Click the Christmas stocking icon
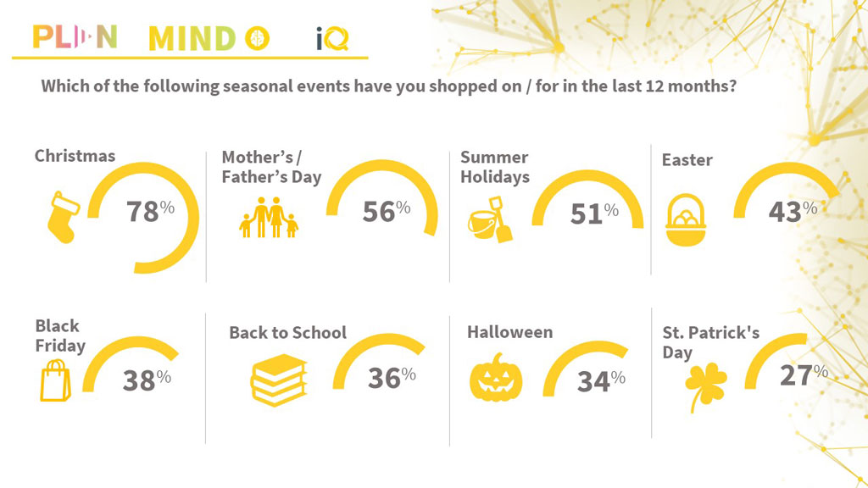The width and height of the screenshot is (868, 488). [64, 218]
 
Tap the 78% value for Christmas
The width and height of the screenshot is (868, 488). [150, 211]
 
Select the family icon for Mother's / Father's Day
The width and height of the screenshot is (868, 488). [269, 218]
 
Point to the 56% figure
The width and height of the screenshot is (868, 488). [387, 211]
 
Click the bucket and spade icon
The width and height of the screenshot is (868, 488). [491, 219]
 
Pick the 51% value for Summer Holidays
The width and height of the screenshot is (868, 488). [594, 213]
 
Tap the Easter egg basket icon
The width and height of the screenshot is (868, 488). [686, 219]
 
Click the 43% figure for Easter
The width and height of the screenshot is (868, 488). [793, 211]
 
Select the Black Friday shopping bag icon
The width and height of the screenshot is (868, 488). [55, 380]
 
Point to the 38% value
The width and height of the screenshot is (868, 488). [147, 380]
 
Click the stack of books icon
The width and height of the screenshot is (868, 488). [278, 380]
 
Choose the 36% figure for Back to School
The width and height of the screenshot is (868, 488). [392, 378]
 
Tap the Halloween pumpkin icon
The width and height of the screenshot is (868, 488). [496, 377]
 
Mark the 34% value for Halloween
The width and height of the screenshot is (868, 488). [601, 381]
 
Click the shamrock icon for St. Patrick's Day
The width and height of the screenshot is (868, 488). [705, 386]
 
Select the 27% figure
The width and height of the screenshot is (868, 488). [804, 375]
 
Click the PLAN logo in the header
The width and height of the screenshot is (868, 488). [75, 37]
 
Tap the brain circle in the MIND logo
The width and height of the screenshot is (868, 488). [258, 38]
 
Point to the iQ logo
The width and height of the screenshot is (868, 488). [332, 39]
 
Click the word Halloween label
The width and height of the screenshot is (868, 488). [509, 332]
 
